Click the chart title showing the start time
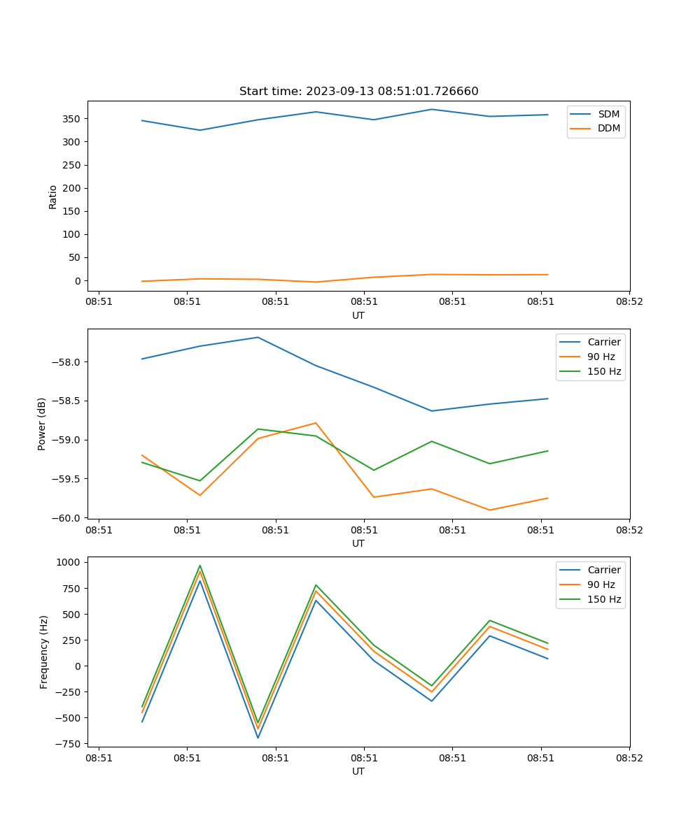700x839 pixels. (x=358, y=92)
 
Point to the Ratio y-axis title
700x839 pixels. (x=53, y=196)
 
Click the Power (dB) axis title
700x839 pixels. (x=42, y=424)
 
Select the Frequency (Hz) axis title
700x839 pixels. (x=44, y=652)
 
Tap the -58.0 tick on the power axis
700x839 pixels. (x=67, y=362)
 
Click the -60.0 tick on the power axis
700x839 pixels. (x=67, y=518)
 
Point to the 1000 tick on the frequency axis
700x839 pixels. (x=69, y=562)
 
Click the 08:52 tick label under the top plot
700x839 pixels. (x=629, y=302)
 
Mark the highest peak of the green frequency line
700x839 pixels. (x=200, y=566)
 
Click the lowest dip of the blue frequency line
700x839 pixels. (x=258, y=738)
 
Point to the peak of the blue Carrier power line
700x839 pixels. (x=258, y=337)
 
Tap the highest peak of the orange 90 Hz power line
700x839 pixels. (x=316, y=423)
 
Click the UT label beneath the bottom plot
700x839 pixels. (x=358, y=771)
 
